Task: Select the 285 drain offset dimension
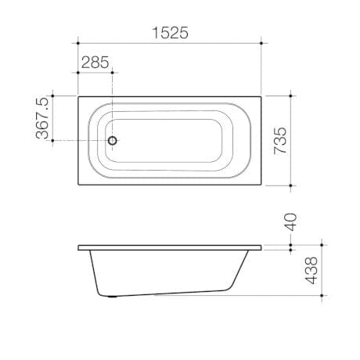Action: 95,63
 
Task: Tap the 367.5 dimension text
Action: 43,118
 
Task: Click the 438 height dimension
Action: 311,271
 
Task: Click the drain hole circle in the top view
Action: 113,141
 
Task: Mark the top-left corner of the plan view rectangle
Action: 78,95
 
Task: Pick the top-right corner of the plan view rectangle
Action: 264,95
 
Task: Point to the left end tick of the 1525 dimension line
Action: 78,42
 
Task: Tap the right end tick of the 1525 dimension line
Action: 264,42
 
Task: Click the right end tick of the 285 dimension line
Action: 113,72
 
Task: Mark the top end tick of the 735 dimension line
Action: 290,95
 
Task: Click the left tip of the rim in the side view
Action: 79,249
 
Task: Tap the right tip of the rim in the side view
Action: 263,249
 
